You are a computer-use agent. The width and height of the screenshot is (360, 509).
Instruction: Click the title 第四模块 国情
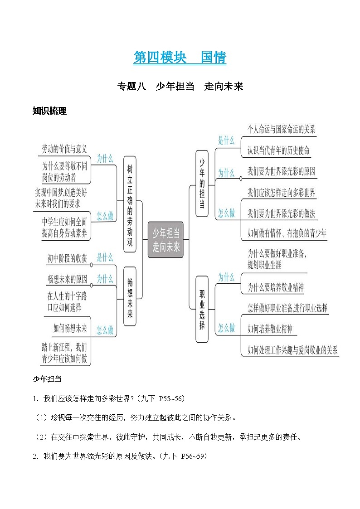click(180, 58)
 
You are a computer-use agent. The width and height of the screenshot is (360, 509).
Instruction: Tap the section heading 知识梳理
click(49, 111)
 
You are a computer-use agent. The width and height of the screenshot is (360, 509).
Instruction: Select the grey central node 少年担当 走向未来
click(166, 240)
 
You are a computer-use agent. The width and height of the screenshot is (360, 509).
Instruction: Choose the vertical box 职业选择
click(202, 309)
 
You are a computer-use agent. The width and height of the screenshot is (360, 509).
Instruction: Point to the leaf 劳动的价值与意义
click(64, 149)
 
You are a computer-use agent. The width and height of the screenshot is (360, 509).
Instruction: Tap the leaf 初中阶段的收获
click(67, 258)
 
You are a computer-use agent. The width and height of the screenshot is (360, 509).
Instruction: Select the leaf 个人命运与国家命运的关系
click(281, 129)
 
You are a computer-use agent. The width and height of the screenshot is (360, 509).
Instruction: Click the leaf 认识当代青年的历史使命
click(278, 150)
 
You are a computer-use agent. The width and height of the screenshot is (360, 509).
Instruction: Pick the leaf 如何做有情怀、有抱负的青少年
click(287, 233)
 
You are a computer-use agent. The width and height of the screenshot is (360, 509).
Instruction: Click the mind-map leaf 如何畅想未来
click(70, 329)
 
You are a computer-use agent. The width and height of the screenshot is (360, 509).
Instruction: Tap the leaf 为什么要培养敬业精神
click(276, 287)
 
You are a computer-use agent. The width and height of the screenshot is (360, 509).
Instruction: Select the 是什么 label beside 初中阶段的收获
click(105, 258)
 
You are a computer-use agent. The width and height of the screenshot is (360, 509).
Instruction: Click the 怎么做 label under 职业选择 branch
click(226, 328)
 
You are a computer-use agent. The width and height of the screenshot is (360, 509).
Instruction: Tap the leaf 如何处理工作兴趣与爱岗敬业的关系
click(292, 350)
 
